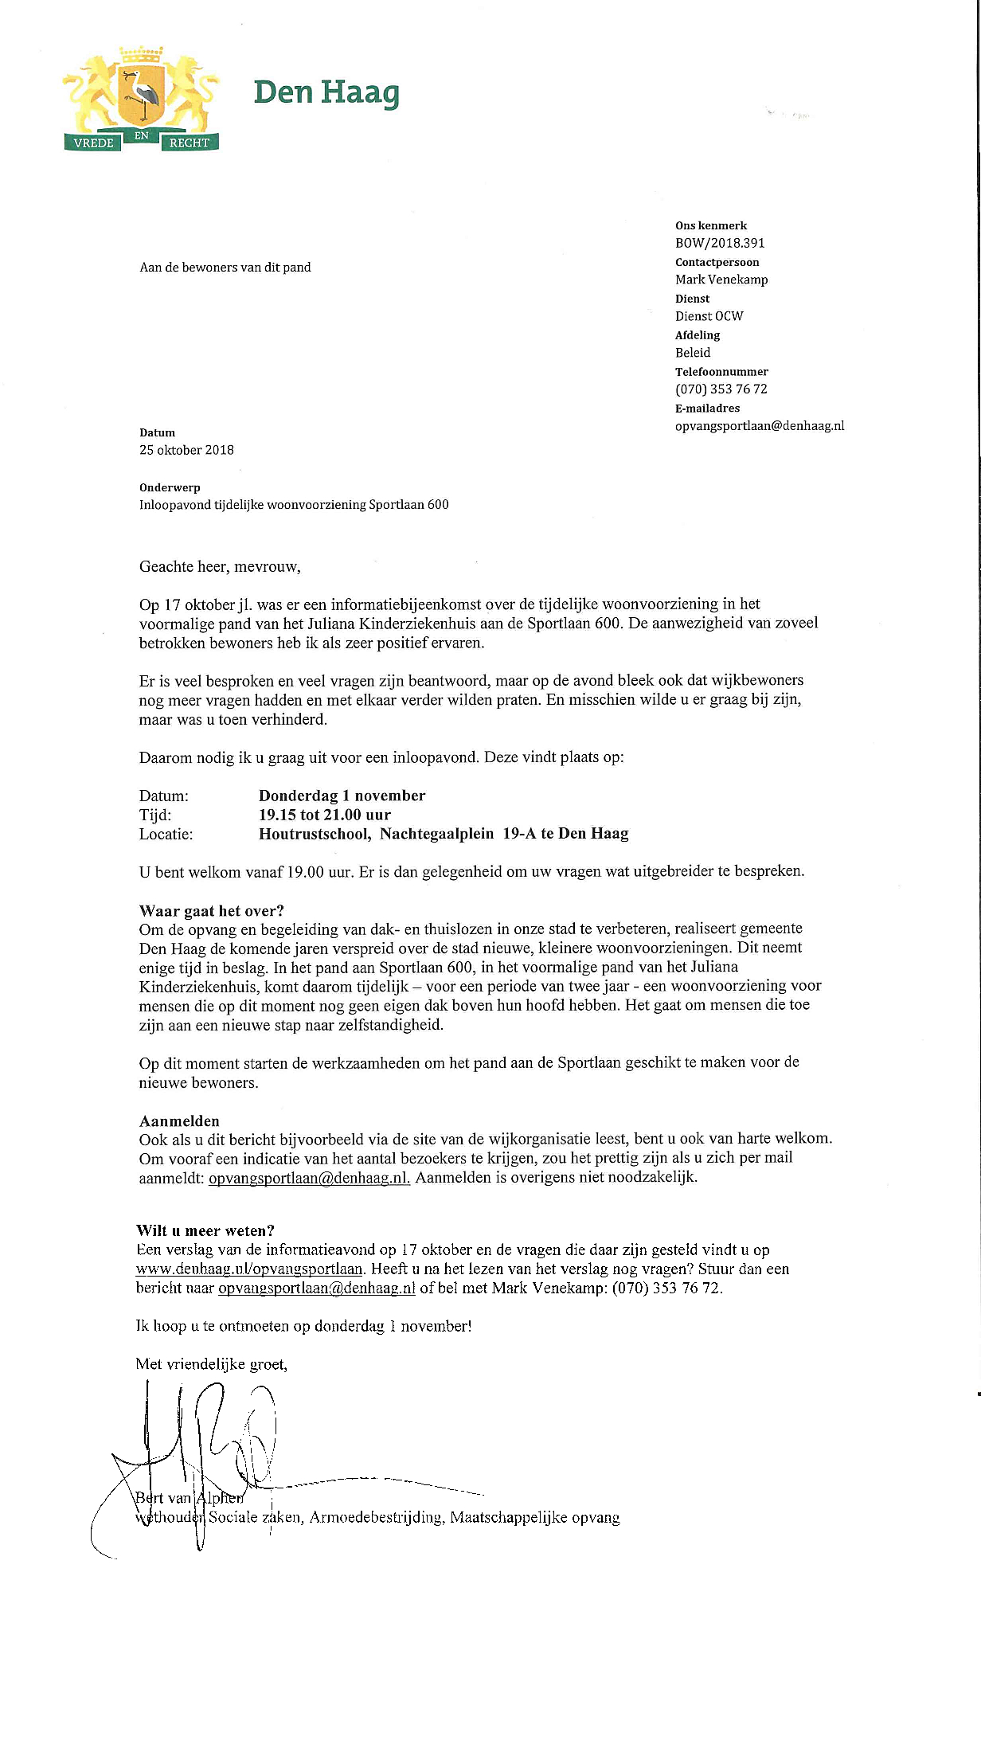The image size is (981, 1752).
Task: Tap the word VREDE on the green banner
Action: [x=93, y=143]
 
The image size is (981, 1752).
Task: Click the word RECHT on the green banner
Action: [x=189, y=143]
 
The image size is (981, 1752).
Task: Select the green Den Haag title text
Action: [x=326, y=93]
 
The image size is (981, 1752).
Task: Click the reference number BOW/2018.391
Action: [x=720, y=243]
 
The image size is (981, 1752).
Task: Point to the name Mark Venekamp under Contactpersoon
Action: [x=721, y=280]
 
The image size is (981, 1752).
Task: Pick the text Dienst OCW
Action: [x=709, y=316]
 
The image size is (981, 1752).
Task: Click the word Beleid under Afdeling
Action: [x=693, y=353]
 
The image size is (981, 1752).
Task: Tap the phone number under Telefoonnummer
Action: [x=721, y=389]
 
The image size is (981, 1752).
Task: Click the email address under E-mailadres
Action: [x=760, y=426]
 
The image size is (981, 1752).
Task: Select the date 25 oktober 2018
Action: [x=186, y=450]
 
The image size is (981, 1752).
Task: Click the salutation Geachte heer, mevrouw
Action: [x=220, y=567]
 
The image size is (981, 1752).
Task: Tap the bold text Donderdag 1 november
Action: [x=342, y=796]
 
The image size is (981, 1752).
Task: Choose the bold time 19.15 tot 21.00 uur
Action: [x=325, y=815]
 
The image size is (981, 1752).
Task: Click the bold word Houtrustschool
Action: [x=315, y=834]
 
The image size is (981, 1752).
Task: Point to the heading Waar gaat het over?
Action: [x=211, y=911]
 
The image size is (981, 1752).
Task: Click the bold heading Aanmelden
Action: [x=179, y=1121]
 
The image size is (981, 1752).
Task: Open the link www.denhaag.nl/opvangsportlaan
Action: [x=249, y=1269]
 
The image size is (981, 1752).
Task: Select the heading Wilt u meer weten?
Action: [x=205, y=1231]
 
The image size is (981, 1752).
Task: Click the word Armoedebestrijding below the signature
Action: [x=375, y=1517]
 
